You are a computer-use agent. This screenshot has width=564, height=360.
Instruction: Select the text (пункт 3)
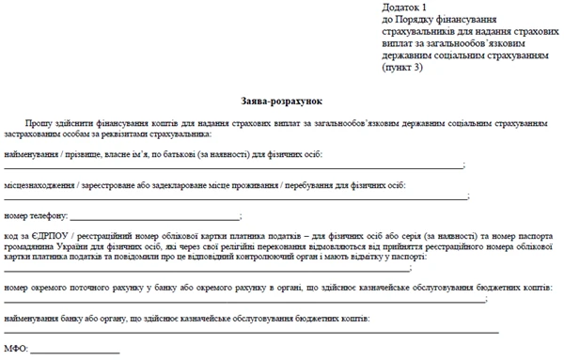[x=402, y=69]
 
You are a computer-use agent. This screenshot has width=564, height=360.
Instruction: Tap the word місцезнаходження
[x=39, y=185]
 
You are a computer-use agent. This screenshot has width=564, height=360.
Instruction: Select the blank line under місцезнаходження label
[x=235, y=197]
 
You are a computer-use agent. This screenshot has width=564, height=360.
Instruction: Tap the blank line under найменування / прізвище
[x=235, y=166]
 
